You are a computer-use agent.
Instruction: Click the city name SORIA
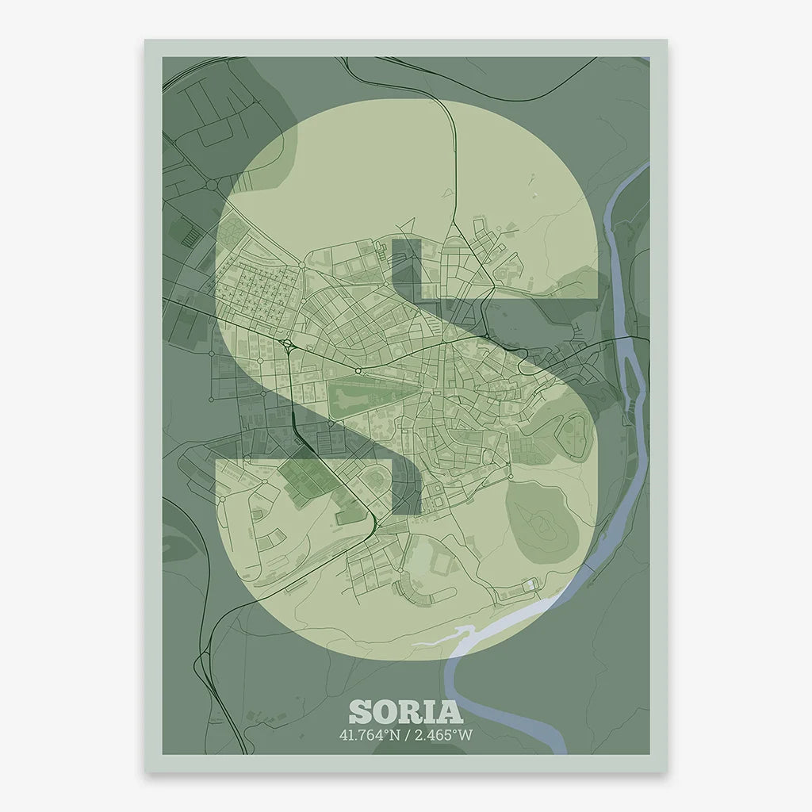[405, 711]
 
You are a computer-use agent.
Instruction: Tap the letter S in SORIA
[361, 711]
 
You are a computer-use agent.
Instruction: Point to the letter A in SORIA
[450, 711]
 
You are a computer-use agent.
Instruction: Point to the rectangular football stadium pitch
[441, 564]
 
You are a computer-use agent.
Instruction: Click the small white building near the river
[529, 585]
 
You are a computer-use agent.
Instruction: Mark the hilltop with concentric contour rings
[541, 520]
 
